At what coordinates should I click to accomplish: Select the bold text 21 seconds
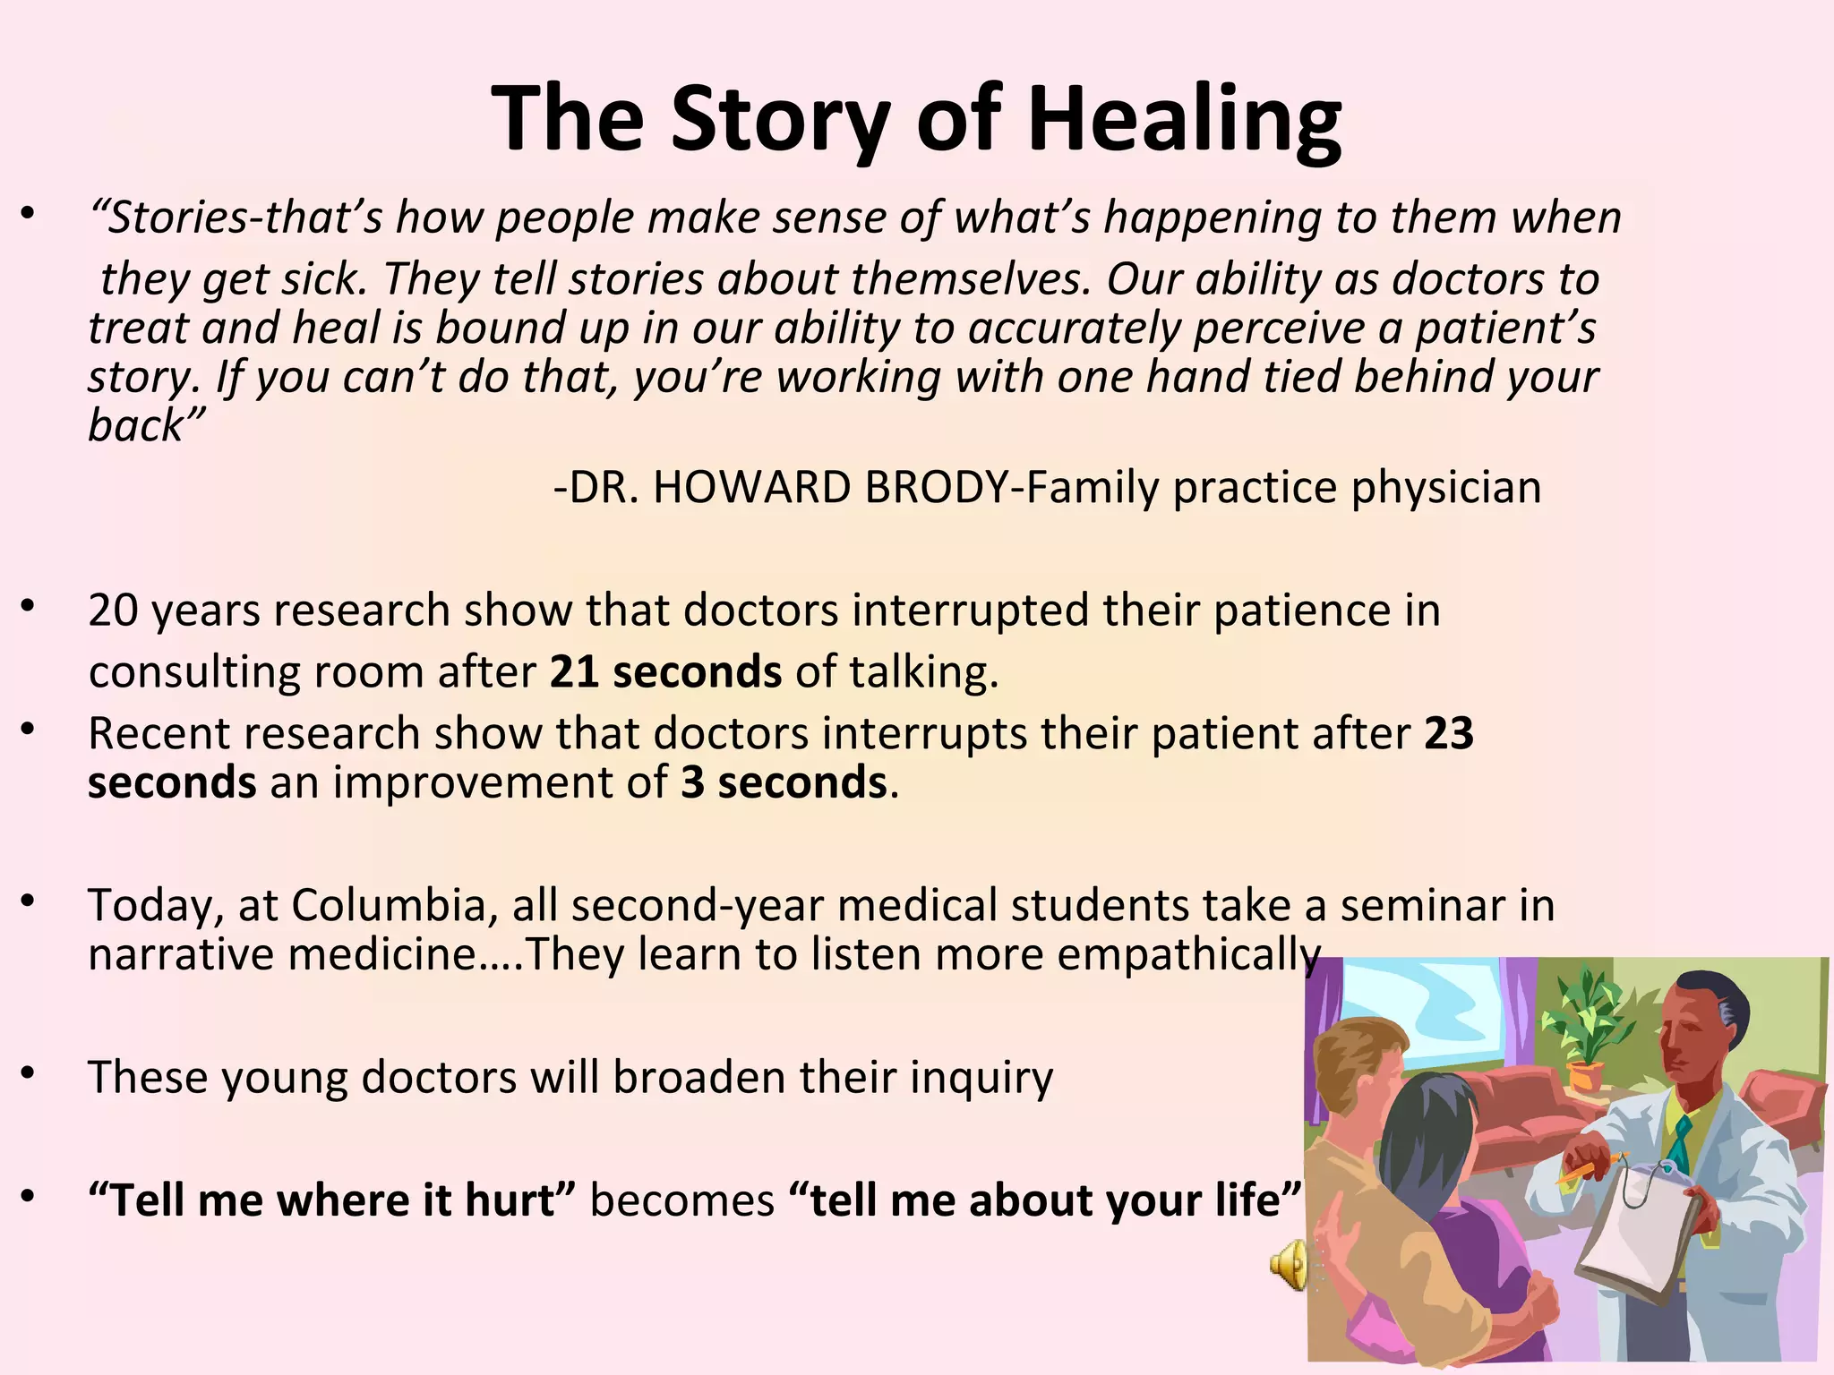click(665, 671)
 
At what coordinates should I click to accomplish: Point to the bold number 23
click(1448, 733)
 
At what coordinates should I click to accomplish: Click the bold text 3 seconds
click(784, 782)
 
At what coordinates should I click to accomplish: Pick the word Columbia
click(389, 905)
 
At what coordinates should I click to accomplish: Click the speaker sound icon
click(1288, 1266)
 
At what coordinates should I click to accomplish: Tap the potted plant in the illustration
click(1586, 1029)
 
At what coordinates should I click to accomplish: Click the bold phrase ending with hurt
click(332, 1200)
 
